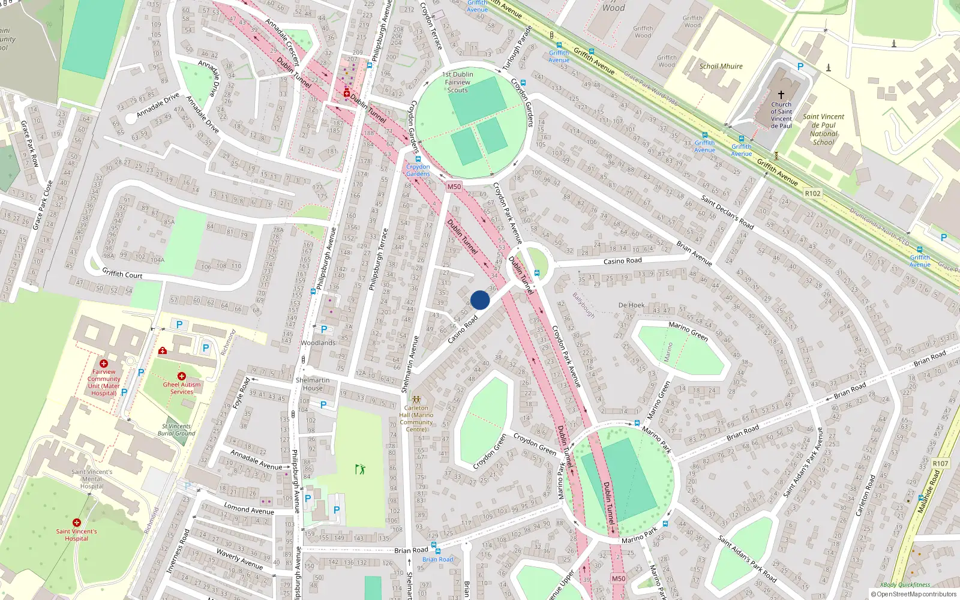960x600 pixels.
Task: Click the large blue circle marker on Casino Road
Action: pos(480,300)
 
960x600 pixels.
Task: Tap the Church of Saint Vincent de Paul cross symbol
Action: pos(781,95)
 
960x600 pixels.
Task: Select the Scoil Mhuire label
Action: pos(721,67)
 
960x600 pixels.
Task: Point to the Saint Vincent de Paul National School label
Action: pos(823,130)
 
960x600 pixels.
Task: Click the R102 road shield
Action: pos(812,193)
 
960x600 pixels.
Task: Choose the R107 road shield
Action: pos(940,463)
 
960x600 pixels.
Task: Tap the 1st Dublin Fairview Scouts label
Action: pos(458,82)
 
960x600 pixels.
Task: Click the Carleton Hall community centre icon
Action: pos(416,398)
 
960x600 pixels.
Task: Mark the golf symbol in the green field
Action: pos(360,469)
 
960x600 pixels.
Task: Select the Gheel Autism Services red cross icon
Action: pos(181,376)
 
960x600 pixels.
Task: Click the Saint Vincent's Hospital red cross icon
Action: pos(76,523)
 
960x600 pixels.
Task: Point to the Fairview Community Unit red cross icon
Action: pos(103,364)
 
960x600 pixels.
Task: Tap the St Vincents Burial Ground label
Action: pos(176,430)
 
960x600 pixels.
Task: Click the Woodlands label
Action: pos(318,343)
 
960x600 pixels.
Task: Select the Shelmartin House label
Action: pos(313,384)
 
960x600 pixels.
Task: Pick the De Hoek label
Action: pos(631,305)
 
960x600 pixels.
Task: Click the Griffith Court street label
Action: pos(122,274)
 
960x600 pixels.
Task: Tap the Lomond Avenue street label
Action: pos(248,509)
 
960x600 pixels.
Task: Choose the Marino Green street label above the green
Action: pos(688,331)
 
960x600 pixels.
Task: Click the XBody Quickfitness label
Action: pos(905,585)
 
